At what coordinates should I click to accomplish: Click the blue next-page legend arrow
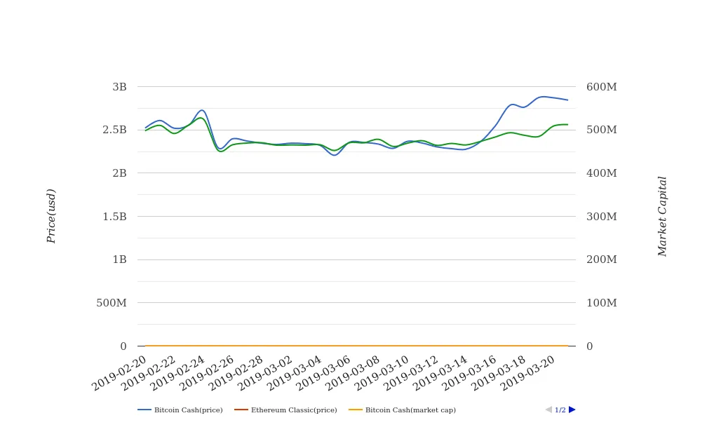pos(572,410)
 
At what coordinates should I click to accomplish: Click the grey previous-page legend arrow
pos(548,410)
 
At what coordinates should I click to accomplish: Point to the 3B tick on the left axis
pos(119,87)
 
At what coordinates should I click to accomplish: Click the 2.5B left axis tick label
pos(114,130)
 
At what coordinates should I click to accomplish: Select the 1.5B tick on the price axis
pos(114,217)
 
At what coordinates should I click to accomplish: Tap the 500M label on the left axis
pos(112,303)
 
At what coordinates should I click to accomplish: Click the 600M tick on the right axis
pos(602,87)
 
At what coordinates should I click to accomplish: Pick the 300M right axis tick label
pos(602,217)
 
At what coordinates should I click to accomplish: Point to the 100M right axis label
pos(602,303)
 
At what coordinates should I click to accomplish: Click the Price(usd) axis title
pos(51,216)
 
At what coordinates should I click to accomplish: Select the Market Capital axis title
pos(663,216)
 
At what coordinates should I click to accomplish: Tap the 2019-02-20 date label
pos(120,373)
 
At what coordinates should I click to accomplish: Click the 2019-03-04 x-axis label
pos(295,373)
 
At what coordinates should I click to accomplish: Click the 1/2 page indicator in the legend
pos(560,410)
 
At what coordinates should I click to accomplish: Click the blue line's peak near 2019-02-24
pos(202,110)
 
